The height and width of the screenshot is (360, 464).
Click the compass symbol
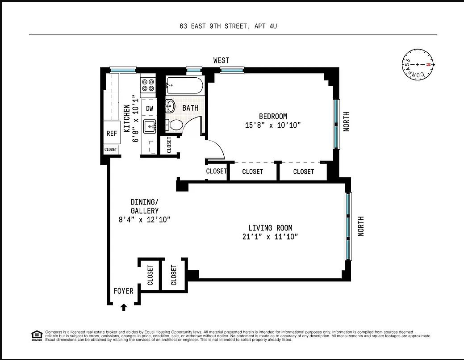click(x=419, y=65)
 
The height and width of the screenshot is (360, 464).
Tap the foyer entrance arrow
click(x=124, y=307)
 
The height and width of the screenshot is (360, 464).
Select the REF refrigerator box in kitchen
click(x=111, y=133)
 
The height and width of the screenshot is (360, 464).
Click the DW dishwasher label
click(x=150, y=108)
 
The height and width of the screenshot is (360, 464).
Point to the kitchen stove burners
click(x=148, y=85)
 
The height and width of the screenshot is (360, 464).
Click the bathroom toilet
click(x=174, y=125)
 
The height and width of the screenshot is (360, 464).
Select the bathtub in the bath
click(x=185, y=85)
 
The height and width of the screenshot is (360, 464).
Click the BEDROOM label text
click(x=273, y=116)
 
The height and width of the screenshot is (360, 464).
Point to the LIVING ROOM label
click(x=267, y=228)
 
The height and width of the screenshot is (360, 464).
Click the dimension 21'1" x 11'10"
click(x=267, y=237)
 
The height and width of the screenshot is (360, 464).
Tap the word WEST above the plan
click(x=221, y=60)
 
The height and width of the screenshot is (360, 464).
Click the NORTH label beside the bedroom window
click(x=346, y=121)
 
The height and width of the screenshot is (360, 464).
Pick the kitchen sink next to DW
click(x=149, y=127)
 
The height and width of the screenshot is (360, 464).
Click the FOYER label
click(x=123, y=291)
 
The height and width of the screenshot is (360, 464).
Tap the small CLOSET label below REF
click(x=111, y=150)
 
